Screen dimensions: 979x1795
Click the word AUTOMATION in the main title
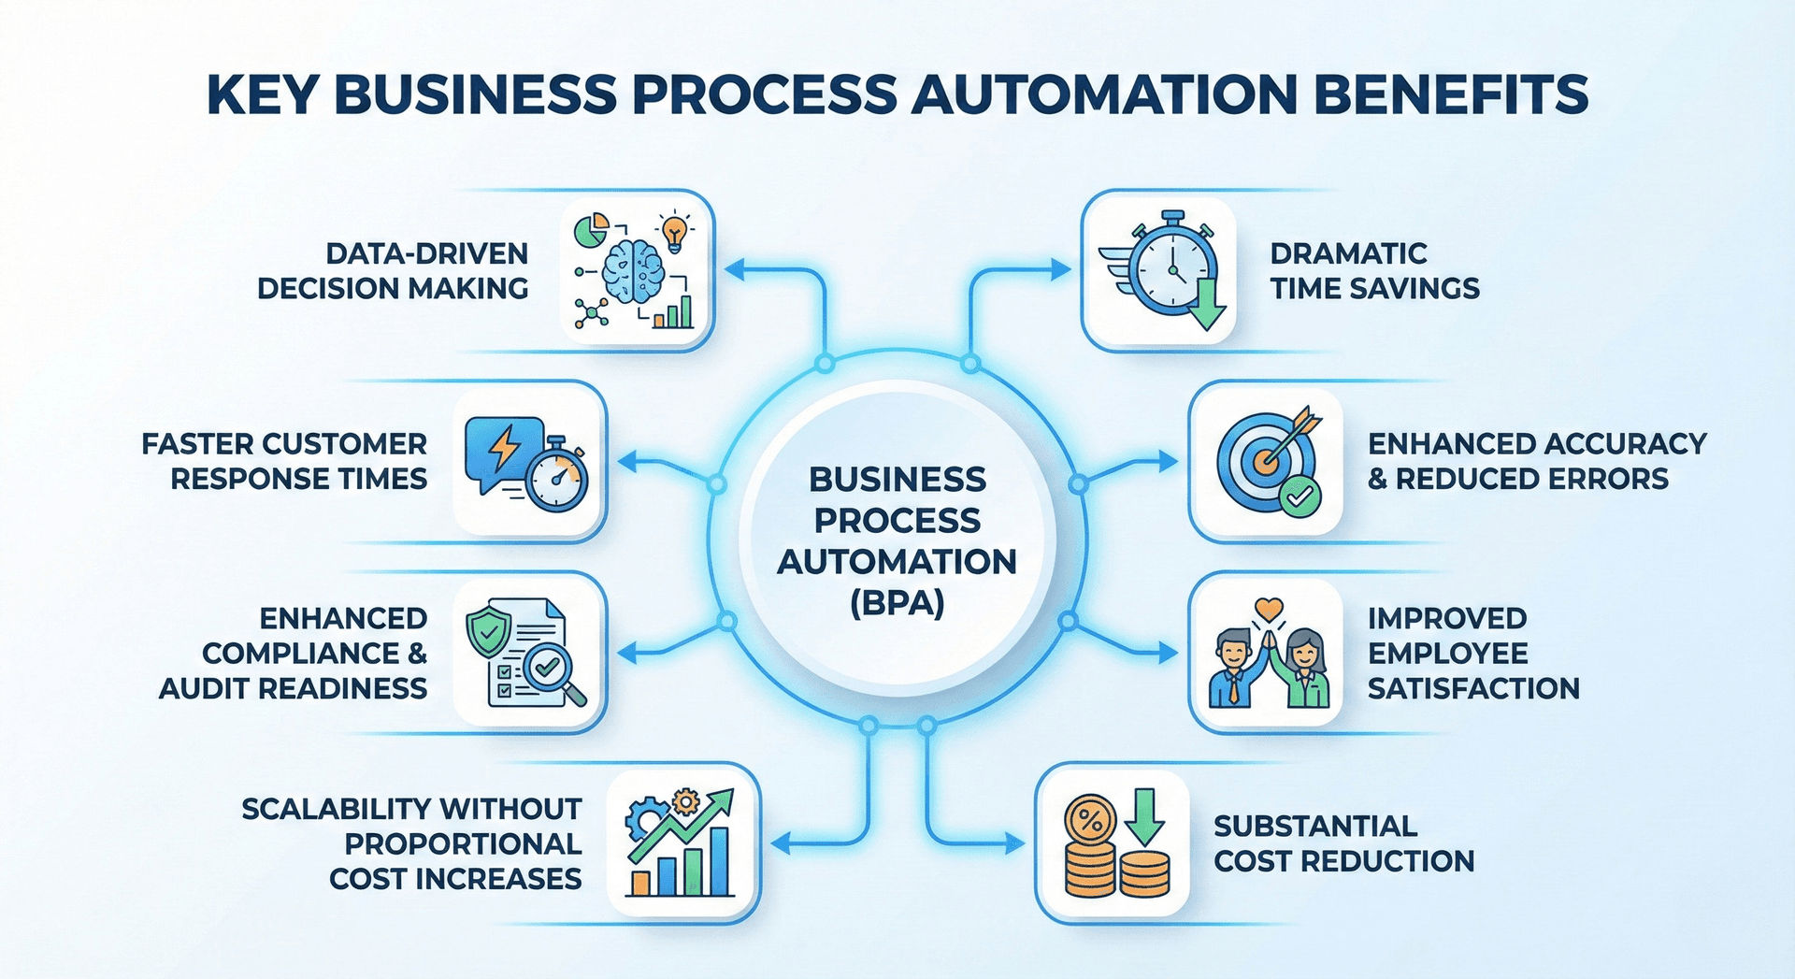tap(1104, 94)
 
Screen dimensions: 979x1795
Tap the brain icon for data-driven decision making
tap(633, 271)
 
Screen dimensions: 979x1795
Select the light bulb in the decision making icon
tap(674, 231)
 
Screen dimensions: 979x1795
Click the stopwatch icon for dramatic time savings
tap(1170, 267)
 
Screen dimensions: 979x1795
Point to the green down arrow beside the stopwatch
tap(1207, 307)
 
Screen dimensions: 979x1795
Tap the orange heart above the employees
tap(1269, 609)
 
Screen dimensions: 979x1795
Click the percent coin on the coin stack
tap(1090, 822)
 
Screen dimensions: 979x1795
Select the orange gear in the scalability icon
tap(686, 801)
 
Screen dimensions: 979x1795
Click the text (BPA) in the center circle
tap(897, 603)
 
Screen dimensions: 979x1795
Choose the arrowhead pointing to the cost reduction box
tap(1016, 844)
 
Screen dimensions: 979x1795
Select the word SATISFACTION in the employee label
tap(1473, 689)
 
